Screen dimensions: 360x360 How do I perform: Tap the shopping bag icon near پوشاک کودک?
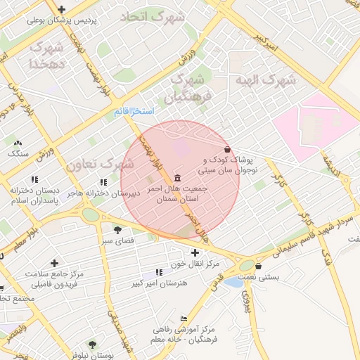click(x=227, y=150)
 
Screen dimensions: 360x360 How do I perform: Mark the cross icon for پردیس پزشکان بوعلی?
click(x=63, y=10)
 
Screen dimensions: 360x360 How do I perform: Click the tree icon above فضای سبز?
click(x=117, y=229)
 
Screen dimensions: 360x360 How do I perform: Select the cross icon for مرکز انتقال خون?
click(x=195, y=252)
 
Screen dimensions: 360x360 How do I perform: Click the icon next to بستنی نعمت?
click(x=259, y=266)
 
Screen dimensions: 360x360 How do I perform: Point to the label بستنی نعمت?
click(x=278, y=278)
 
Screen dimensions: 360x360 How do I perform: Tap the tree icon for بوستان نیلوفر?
click(x=93, y=345)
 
